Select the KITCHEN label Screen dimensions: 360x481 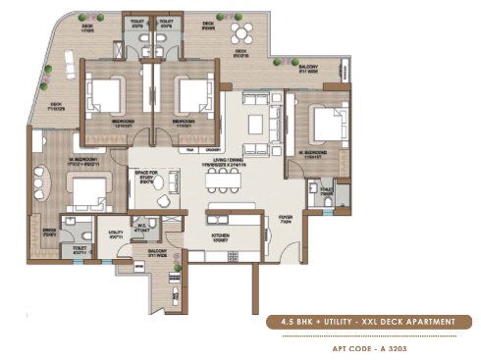pos(221,237)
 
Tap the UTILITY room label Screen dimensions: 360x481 pos(115,236)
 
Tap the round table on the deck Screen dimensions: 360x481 pos(240,38)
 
